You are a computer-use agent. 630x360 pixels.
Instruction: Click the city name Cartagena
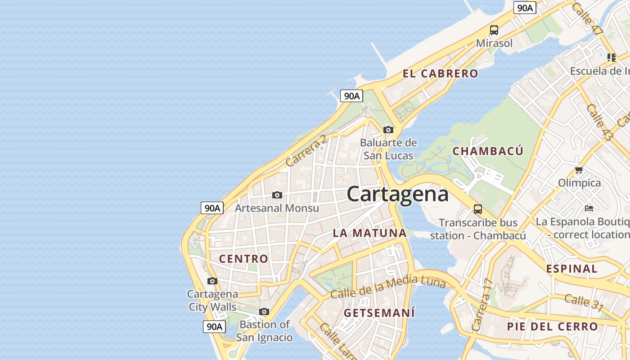pyautogui.click(x=398, y=194)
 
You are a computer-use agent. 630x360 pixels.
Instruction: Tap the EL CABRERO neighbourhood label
pyautogui.click(x=440, y=74)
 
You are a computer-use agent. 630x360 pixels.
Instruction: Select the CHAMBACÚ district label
pyautogui.click(x=488, y=151)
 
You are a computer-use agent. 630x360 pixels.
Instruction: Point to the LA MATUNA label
pyautogui.click(x=369, y=233)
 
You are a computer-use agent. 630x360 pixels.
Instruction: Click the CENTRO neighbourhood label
pyautogui.click(x=243, y=259)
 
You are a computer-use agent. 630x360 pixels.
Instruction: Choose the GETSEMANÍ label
pyautogui.click(x=379, y=313)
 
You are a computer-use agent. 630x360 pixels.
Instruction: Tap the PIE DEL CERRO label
pyautogui.click(x=553, y=327)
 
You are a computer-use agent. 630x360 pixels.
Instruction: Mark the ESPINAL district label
pyautogui.click(x=572, y=269)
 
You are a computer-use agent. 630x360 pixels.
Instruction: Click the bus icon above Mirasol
pyautogui.click(x=494, y=30)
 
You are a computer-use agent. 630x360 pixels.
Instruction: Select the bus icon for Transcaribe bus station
pyautogui.click(x=478, y=209)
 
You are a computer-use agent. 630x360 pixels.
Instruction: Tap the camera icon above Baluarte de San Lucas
pyautogui.click(x=388, y=130)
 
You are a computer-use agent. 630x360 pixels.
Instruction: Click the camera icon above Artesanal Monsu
pyautogui.click(x=277, y=195)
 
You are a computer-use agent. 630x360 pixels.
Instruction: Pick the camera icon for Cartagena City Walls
pyautogui.click(x=212, y=281)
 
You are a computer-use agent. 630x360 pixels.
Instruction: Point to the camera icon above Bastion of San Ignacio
pyautogui.click(x=264, y=311)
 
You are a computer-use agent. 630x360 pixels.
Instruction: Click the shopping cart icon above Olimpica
pyautogui.click(x=579, y=170)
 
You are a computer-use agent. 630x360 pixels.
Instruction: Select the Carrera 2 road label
pyautogui.click(x=306, y=151)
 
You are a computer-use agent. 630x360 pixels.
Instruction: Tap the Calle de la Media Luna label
pyautogui.click(x=387, y=287)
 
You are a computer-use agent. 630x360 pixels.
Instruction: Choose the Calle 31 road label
pyautogui.click(x=584, y=302)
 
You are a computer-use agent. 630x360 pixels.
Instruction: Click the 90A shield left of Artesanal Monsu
pyautogui.click(x=212, y=208)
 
